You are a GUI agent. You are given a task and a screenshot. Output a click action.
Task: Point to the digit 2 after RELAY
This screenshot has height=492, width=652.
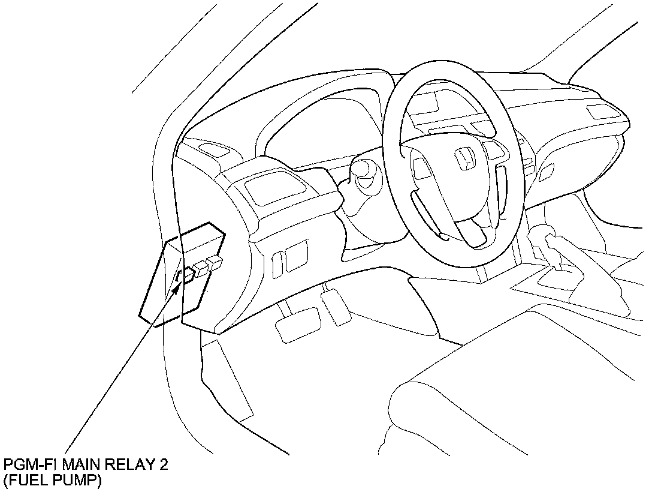point(164,464)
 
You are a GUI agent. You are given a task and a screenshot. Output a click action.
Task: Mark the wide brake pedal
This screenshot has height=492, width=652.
point(298,324)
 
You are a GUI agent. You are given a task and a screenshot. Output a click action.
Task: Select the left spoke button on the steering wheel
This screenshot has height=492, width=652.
point(421,169)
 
